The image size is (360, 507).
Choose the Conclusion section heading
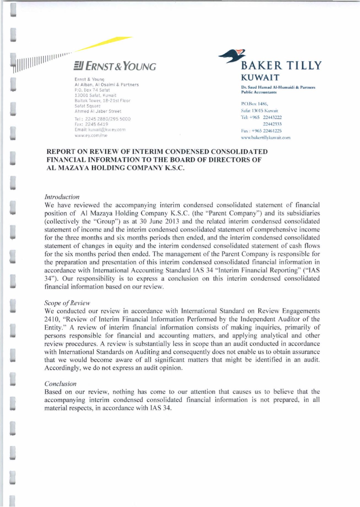[60, 384]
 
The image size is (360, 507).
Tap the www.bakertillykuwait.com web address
[266, 137]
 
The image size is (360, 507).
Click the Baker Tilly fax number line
[261, 131]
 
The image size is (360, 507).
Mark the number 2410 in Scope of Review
[50, 319]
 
